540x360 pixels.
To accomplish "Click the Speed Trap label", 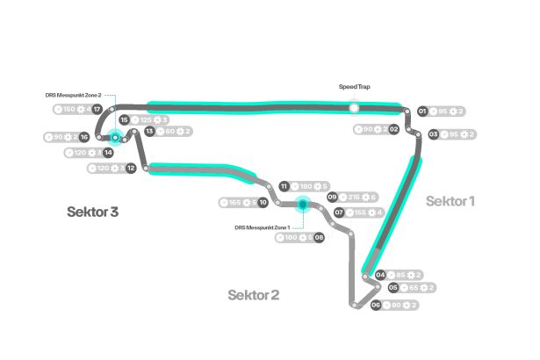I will (x=354, y=87).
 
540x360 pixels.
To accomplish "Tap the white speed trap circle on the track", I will (x=354, y=108).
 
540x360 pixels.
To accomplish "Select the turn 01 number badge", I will (x=422, y=112).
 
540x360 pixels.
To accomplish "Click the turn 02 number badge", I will (x=394, y=129).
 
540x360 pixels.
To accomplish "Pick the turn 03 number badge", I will (x=433, y=134).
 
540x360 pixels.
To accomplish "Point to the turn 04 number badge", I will (x=380, y=275).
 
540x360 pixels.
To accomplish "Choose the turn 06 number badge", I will (x=375, y=305).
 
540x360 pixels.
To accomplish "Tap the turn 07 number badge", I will (x=338, y=212).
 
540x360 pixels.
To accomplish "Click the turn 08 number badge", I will (x=319, y=237).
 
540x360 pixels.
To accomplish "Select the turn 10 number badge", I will (x=263, y=203).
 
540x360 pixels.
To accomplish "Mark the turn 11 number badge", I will (x=284, y=186).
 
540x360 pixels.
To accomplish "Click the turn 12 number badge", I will (x=131, y=168).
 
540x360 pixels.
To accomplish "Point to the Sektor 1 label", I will (x=450, y=201).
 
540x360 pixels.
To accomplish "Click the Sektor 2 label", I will (x=253, y=294).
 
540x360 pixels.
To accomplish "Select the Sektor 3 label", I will (x=92, y=212).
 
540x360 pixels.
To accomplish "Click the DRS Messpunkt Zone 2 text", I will (x=74, y=95).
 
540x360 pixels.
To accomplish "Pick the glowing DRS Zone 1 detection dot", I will (x=302, y=204).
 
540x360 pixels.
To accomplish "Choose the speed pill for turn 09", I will (x=360, y=198).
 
